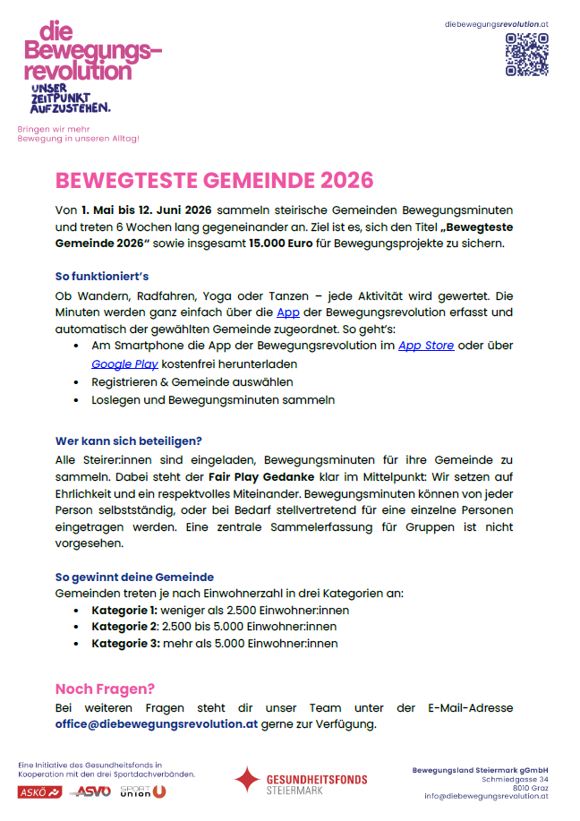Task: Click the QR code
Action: click(x=526, y=55)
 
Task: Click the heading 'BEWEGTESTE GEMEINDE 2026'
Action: click(x=214, y=180)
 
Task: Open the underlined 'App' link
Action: click(x=288, y=312)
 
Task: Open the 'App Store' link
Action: click(x=426, y=346)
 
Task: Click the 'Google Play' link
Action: click(x=124, y=363)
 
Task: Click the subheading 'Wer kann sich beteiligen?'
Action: click(x=129, y=440)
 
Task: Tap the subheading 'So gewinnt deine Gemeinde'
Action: click(x=134, y=577)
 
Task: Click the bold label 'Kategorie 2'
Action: click(x=124, y=627)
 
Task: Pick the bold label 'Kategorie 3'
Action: click(x=125, y=643)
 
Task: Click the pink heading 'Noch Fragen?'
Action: click(x=106, y=688)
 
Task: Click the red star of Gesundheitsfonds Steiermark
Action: click(x=246, y=780)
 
